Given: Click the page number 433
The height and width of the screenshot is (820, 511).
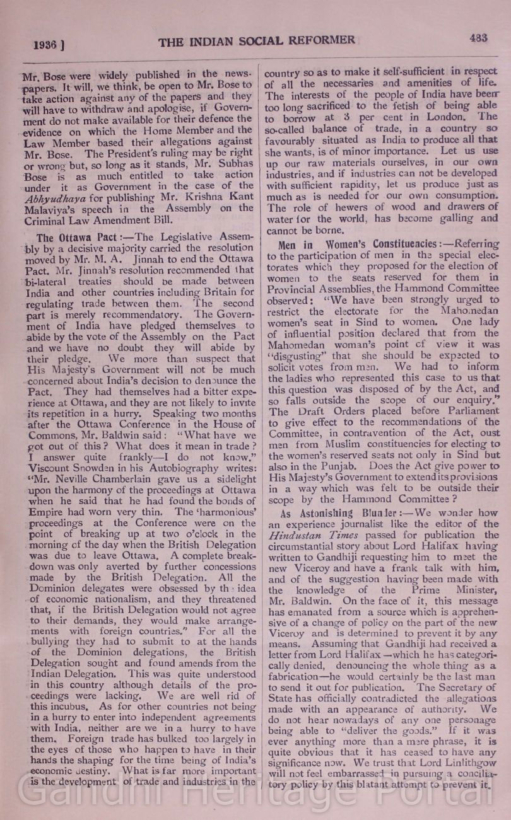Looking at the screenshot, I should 478,38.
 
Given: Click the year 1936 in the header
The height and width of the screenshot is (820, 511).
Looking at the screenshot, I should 47,45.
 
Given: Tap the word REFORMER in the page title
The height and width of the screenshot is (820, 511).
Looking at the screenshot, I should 321,41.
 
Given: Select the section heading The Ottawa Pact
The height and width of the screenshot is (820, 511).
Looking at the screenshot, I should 69,238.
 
